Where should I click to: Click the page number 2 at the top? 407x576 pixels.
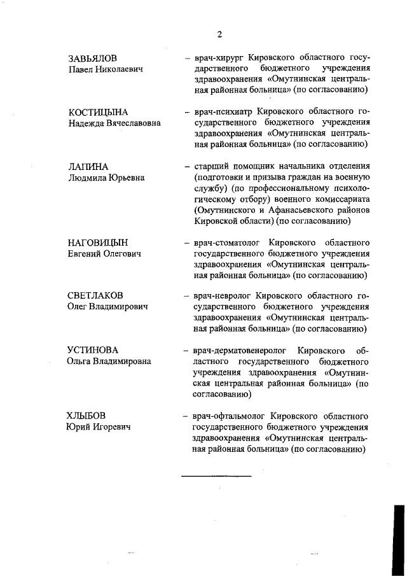tap(219, 34)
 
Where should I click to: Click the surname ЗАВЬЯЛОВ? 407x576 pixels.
tap(92, 58)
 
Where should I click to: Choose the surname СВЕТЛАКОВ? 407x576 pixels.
tap(95, 296)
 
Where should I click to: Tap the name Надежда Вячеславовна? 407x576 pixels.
tap(114, 123)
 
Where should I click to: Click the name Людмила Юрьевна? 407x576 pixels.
tap(106, 178)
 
